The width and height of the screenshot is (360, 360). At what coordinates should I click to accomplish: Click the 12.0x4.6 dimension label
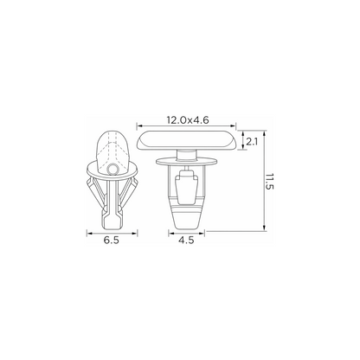pyautogui.click(x=188, y=120)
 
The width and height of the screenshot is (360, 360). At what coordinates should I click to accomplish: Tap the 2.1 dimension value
pyautogui.click(x=252, y=142)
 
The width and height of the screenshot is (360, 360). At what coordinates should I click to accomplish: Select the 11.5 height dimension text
pyautogui.click(x=269, y=182)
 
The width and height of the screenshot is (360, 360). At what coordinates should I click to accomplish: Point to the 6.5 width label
pyautogui.click(x=112, y=240)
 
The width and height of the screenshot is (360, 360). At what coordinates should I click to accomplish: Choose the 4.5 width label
pyautogui.click(x=186, y=240)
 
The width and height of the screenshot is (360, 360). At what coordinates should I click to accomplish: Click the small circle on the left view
pyautogui.click(x=112, y=170)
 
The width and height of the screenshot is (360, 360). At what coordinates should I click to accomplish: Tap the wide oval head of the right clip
pyautogui.click(x=186, y=140)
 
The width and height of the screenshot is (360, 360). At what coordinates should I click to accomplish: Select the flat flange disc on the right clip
pyautogui.click(x=186, y=162)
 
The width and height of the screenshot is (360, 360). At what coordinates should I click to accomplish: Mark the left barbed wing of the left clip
pyautogui.click(x=94, y=192)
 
